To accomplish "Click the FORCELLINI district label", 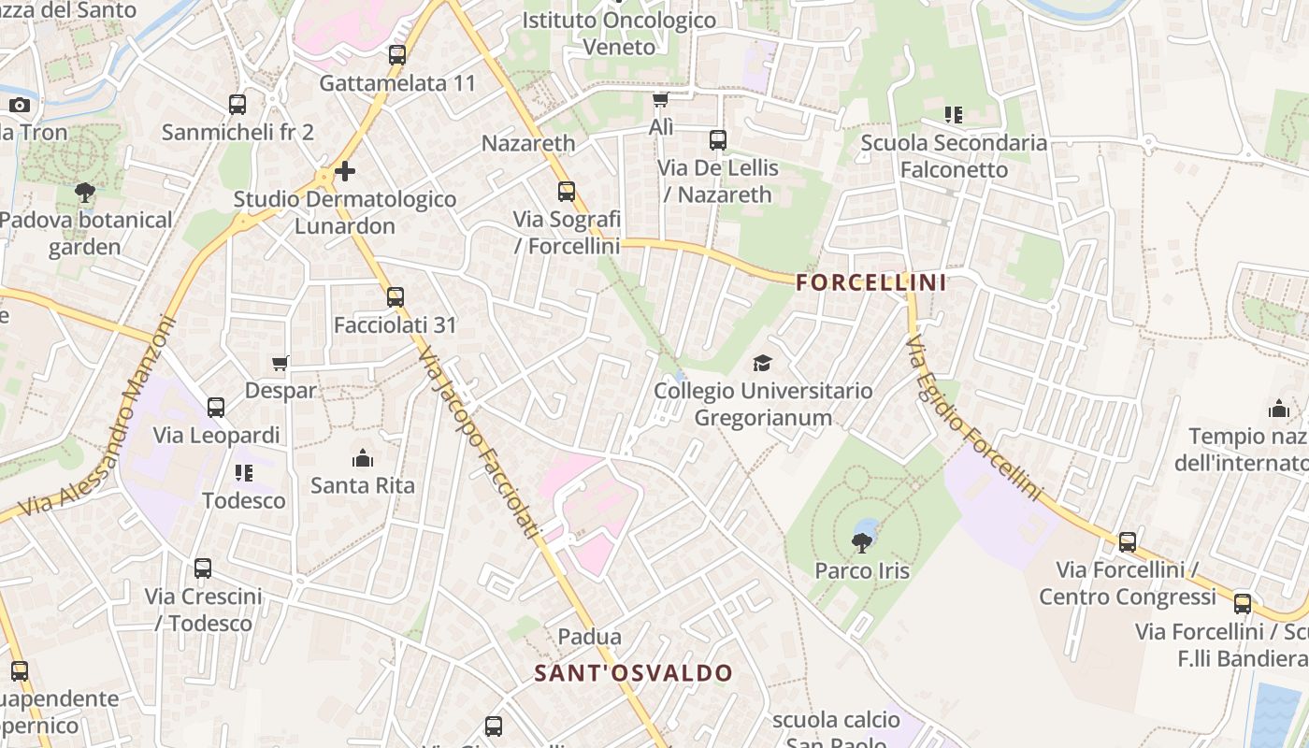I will click(x=871, y=282).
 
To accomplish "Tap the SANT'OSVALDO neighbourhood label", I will click(x=634, y=673).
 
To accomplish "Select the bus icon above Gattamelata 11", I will click(x=397, y=55).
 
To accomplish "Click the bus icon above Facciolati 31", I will click(x=396, y=297).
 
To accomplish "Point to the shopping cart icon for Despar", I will click(x=280, y=363).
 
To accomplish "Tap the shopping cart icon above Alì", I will click(x=661, y=100).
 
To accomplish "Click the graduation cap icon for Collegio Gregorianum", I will click(x=763, y=363).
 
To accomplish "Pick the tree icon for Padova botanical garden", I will click(x=85, y=193).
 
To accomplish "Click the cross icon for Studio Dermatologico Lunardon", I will click(x=345, y=171).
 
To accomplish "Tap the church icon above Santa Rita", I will click(x=362, y=458).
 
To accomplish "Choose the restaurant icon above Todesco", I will click(x=244, y=473).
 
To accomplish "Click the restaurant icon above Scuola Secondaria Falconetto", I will click(x=954, y=115).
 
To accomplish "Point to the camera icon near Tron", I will click(x=20, y=105).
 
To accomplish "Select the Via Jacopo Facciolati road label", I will click(x=480, y=442).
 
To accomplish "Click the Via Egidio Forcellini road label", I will click(x=972, y=417).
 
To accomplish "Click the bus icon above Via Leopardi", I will click(x=216, y=408).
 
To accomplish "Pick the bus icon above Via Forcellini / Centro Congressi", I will click(x=1128, y=542).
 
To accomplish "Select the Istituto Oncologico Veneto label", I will click(x=619, y=33).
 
